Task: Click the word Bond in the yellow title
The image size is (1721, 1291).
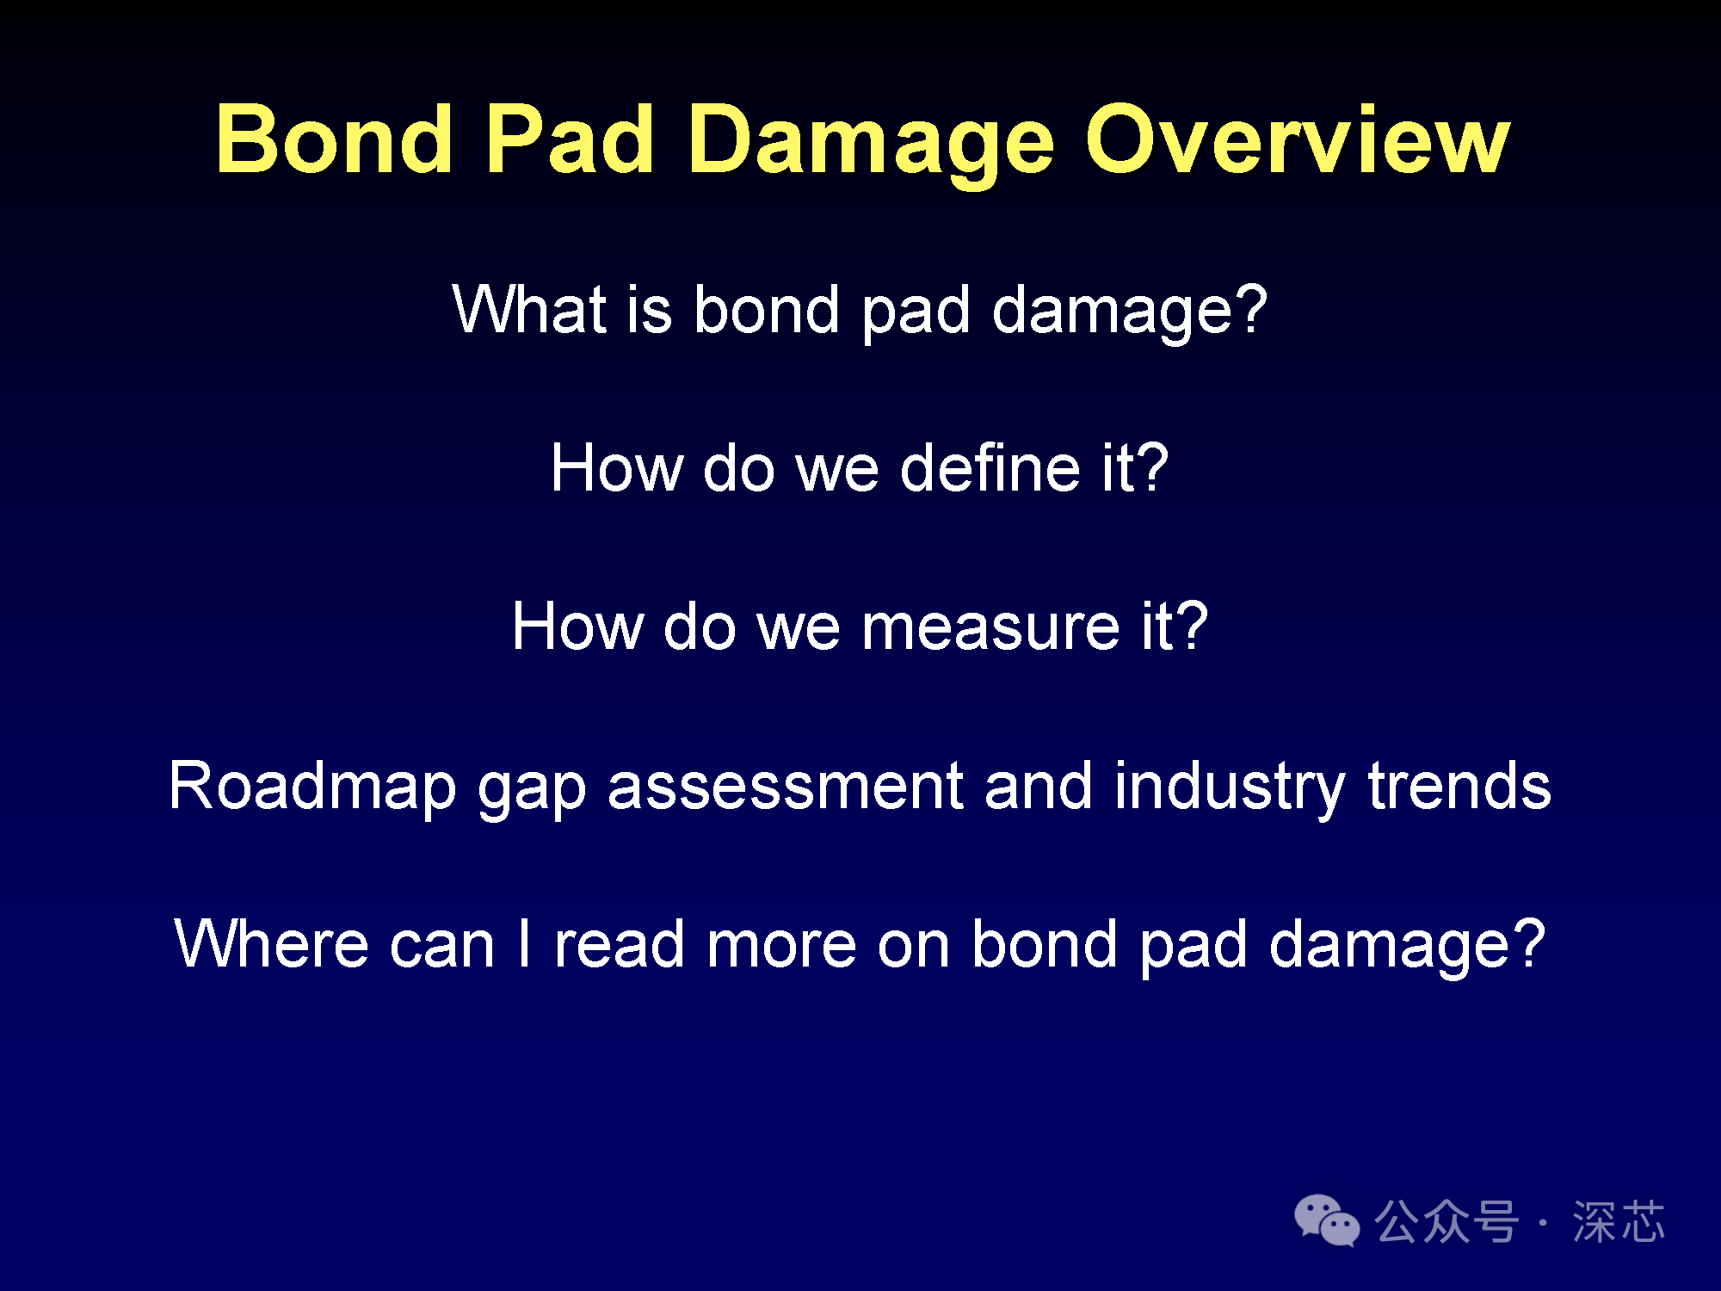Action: (x=334, y=139)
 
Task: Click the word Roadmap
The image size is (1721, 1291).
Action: (x=312, y=785)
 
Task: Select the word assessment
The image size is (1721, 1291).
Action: (x=785, y=787)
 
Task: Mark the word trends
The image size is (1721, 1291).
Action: (x=1459, y=785)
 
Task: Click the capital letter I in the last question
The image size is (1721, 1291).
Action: (x=524, y=943)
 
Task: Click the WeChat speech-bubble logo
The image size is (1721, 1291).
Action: (x=1327, y=1220)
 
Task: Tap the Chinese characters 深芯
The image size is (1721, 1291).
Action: (x=1619, y=1221)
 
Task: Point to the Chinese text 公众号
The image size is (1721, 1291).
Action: (x=1447, y=1221)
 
